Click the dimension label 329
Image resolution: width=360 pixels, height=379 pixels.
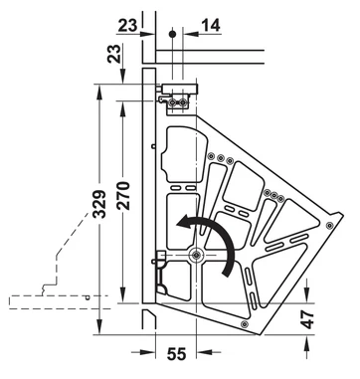tap(99, 204)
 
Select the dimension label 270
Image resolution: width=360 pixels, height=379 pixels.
tap(123, 196)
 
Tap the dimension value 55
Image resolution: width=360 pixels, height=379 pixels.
tap(176, 354)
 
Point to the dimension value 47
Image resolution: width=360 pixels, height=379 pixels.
tap(308, 319)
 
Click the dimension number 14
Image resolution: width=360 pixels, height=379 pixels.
tap(211, 26)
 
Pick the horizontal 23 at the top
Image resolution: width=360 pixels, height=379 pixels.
tap(127, 25)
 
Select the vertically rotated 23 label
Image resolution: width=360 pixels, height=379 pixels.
tap(114, 54)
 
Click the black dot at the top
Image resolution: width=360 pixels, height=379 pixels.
tap(172, 34)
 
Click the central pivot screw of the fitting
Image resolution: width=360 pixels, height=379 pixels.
tap(196, 255)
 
